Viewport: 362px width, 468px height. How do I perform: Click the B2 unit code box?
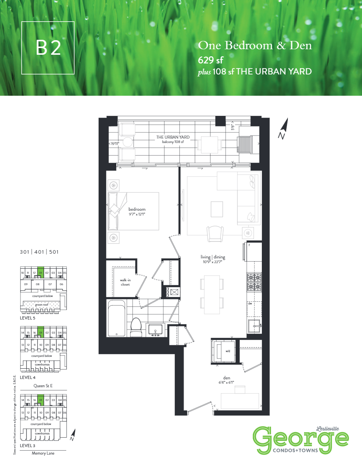click(48, 48)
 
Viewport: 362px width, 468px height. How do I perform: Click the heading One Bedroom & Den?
click(255, 46)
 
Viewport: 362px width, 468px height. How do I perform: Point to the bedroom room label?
click(137, 209)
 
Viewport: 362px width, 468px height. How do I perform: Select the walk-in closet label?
click(125, 282)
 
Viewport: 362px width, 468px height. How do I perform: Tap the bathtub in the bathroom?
click(116, 318)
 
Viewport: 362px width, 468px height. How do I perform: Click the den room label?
click(226, 378)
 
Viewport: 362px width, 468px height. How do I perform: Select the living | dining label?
click(213, 257)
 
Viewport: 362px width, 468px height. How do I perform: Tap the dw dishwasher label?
click(250, 303)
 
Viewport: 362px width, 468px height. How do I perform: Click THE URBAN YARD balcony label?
click(173, 137)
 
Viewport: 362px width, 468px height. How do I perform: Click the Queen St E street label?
click(43, 386)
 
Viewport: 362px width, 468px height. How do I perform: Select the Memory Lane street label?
click(43, 453)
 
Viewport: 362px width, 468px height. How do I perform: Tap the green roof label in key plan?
click(42, 304)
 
